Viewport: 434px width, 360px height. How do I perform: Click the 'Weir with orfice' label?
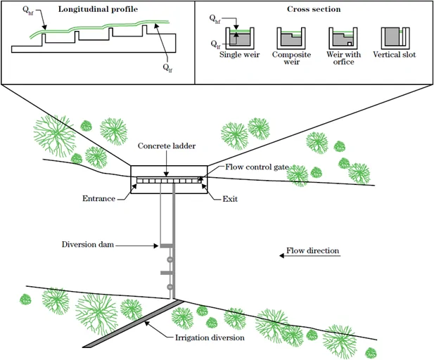point(342,58)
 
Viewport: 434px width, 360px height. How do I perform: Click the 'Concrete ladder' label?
point(167,146)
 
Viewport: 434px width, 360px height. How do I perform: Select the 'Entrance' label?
point(98,200)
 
